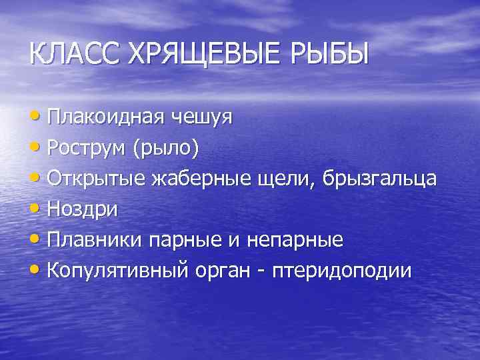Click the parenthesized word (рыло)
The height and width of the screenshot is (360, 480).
pos(166,148)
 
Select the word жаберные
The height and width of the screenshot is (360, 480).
pos(195,179)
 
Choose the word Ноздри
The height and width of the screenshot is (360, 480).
pos(83,209)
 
